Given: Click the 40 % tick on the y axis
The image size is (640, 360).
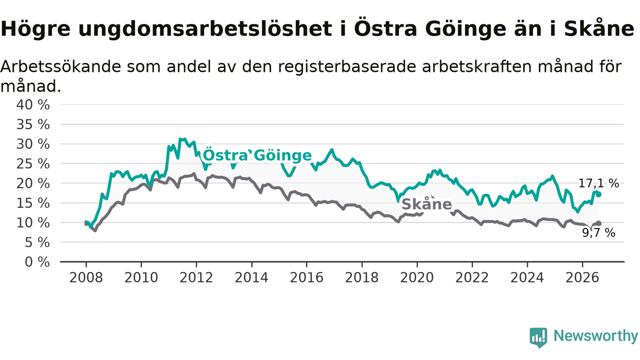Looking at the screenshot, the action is tap(33, 105).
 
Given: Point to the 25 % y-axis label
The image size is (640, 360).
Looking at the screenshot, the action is tap(33, 164).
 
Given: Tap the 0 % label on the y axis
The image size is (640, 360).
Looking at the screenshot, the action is tap(37, 262).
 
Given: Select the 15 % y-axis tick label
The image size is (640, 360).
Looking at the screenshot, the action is tap(33, 203).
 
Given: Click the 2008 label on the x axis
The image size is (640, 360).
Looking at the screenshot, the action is tap(86, 277).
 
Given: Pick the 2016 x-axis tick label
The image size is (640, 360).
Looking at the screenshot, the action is tap(306, 277).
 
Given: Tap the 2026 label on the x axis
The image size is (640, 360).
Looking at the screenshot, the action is tap(582, 277).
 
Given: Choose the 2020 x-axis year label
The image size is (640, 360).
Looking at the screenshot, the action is tap(417, 277).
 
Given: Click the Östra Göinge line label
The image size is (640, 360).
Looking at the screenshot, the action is tap(257, 155).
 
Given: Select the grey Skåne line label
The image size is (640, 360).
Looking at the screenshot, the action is tap(426, 204).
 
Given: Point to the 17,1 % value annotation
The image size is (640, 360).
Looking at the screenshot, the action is tap(598, 183).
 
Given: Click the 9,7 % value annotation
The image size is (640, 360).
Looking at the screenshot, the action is tap(598, 233).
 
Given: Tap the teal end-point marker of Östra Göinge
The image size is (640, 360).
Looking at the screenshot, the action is tap(598, 194).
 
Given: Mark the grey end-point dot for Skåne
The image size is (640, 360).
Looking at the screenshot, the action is tap(598, 223).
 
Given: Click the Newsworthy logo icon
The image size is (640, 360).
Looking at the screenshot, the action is tap(538, 337).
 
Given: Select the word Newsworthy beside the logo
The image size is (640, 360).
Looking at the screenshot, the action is tap(596, 335).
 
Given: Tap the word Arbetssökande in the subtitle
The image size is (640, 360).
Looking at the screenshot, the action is tap(60, 66).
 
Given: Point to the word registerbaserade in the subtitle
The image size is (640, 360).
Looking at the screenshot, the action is tap(347, 67).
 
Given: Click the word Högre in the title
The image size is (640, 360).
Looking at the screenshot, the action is tap(35, 29).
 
